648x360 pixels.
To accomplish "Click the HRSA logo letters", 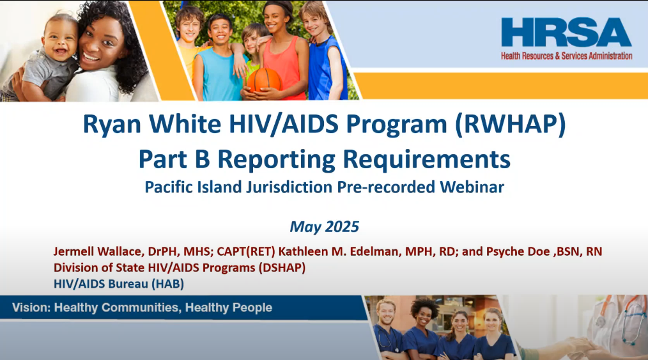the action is click(x=566, y=32).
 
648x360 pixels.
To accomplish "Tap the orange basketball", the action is click(x=265, y=80).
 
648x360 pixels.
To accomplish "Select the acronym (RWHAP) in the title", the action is click(x=511, y=124).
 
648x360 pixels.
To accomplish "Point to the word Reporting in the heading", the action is click(x=277, y=159).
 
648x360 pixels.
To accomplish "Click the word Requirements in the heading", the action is click(x=426, y=159).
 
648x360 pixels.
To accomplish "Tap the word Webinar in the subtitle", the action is click(x=472, y=187).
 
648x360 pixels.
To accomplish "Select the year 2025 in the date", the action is click(x=342, y=226).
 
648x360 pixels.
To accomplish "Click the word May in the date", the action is click(x=305, y=227).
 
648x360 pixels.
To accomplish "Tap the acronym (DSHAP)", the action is click(x=282, y=268).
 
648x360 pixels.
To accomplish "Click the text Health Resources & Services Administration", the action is click(x=567, y=56).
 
